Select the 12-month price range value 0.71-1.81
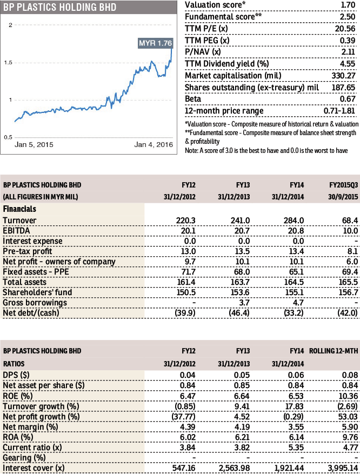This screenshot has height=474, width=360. click(x=338, y=111)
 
